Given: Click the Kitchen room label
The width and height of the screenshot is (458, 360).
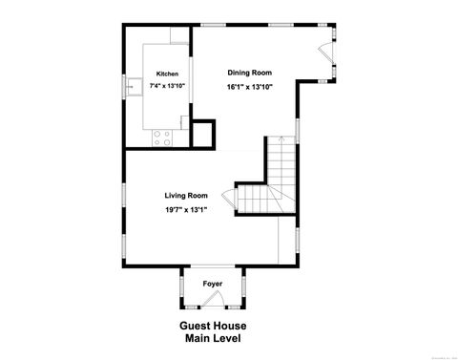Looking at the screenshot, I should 167,74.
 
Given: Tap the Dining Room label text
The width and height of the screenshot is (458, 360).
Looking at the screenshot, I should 249,73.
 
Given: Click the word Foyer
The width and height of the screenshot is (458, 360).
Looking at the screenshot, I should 213,284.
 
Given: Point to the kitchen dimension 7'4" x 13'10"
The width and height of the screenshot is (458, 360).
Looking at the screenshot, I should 167,86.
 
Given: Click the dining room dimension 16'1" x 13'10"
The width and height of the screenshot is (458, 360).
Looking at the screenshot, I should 249,86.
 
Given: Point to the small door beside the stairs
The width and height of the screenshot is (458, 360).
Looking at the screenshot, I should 229,200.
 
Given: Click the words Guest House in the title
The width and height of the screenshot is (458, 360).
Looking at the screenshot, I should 213,326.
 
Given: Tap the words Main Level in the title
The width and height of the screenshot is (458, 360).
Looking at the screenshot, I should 213,338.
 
